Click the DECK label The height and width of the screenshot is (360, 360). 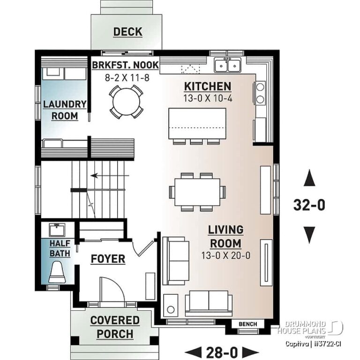pyautogui.click(x=127, y=32)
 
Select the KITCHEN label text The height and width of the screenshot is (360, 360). pyautogui.click(x=207, y=86)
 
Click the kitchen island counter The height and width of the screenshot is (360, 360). pyautogui.click(x=197, y=123)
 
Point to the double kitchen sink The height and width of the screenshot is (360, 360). pyautogui.click(x=228, y=65)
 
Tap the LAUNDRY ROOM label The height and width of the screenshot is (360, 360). pyautogui.click(x=65, y=110)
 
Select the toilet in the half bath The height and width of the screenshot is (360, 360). pyautogui.click(x=57, y=272)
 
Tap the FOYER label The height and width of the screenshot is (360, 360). pyautogui.click(x=108, y=259)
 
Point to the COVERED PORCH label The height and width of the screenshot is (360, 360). pyautogui.click(x=115, y=327)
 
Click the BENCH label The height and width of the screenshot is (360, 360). pyautogui.click(x=248, y=324)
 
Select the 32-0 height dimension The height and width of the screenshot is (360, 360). pyautogui.click(x=309, y=205)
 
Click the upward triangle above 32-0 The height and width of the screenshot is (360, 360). pyautogui.click(x=309, y=179)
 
